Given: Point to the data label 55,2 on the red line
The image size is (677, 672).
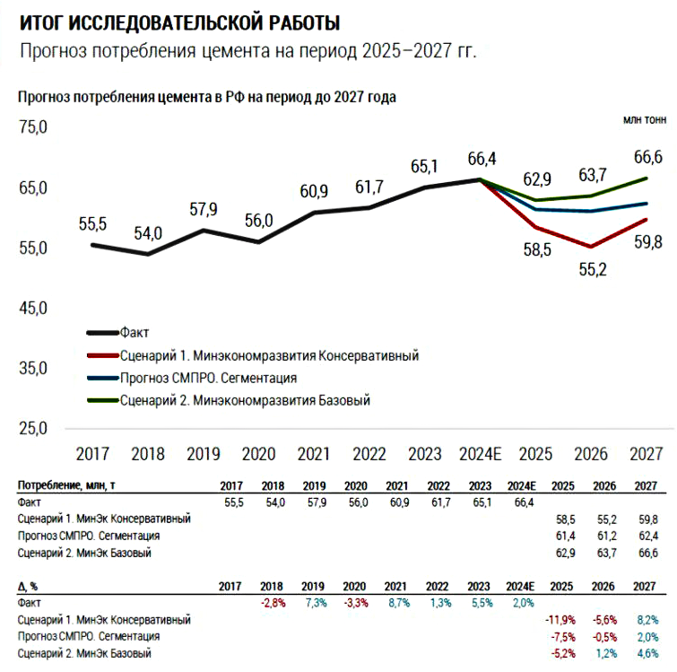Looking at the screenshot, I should click(x=593, y=267).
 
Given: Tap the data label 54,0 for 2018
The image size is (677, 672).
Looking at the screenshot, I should click(x=148, y=233).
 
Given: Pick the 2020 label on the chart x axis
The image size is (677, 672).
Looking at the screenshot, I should click(x=258, y=453).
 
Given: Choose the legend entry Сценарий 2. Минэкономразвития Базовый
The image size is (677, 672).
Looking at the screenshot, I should click(x=244, y=400).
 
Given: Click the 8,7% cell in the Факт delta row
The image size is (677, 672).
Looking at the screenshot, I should click(x=397, y=604).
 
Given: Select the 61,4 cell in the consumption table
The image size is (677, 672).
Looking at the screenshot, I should click(x=564, y=536).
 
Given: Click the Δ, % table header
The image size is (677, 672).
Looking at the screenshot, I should click(x=31, y=586).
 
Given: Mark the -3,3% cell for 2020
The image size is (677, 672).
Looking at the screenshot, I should click(x=354, y=604).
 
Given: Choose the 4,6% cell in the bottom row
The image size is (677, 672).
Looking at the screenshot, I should click(x=646, y=654).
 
